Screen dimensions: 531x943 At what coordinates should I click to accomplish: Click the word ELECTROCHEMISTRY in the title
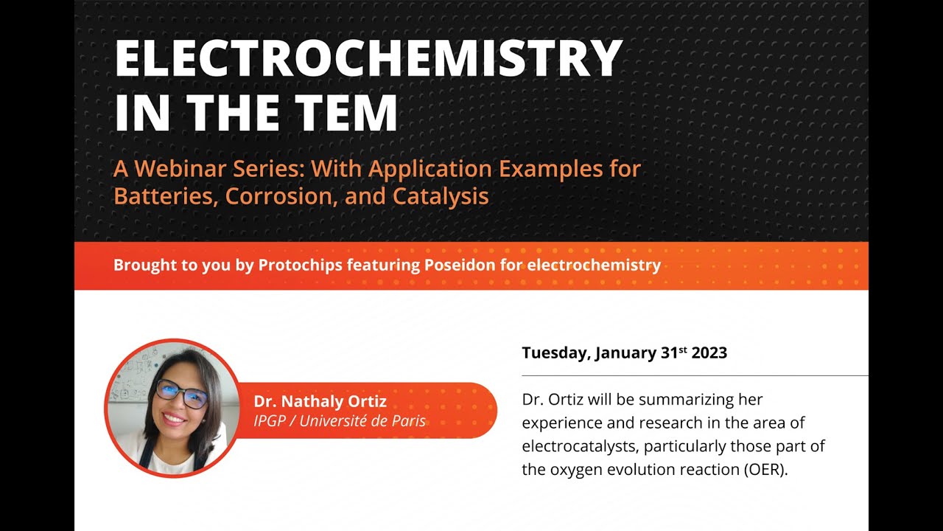tap(368, 58)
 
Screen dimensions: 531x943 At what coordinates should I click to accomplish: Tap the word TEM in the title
tap(340, 113)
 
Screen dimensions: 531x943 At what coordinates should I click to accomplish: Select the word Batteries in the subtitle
tap(166, 196)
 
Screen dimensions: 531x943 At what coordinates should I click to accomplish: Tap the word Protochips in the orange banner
tap(300, 265)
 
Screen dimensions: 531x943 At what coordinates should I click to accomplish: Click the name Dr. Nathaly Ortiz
tap(320, 402)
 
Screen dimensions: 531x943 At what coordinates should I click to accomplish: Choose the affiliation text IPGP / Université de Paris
tap(339, 421)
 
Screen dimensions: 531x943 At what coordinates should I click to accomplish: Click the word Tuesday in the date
tap(555, 353)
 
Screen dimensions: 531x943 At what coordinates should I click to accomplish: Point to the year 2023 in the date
tap(709, 353)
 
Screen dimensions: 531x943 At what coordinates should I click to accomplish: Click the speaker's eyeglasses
tap(181, 392)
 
